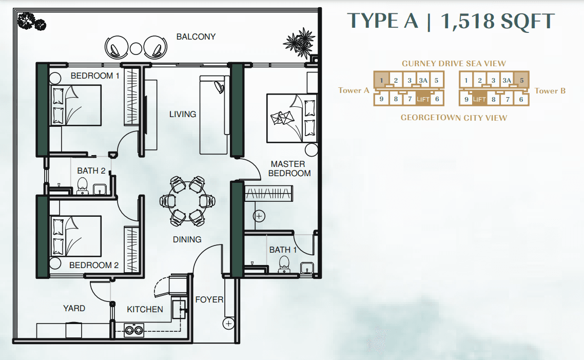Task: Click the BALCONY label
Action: click(196, 36)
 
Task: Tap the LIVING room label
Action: click(183, 114)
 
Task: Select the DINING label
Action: click(187, 239)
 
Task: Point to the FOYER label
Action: click(209, 299)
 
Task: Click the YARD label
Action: click(74, 308)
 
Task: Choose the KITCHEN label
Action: click(145, 309)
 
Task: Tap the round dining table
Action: click(187, 201)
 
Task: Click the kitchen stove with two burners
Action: click(134, 330)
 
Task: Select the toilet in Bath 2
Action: click(82, 186)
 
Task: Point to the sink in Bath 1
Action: click(307, 268)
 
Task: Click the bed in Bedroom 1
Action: click(75, 105)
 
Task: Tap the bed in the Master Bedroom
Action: click(291, 118)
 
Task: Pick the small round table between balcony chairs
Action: click(136, 48)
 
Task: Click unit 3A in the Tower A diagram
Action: click(423, 80)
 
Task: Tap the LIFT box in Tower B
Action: click(479, 99)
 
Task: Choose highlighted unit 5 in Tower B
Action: click(521, 80)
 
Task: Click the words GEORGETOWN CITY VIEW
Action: click(454, 118)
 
